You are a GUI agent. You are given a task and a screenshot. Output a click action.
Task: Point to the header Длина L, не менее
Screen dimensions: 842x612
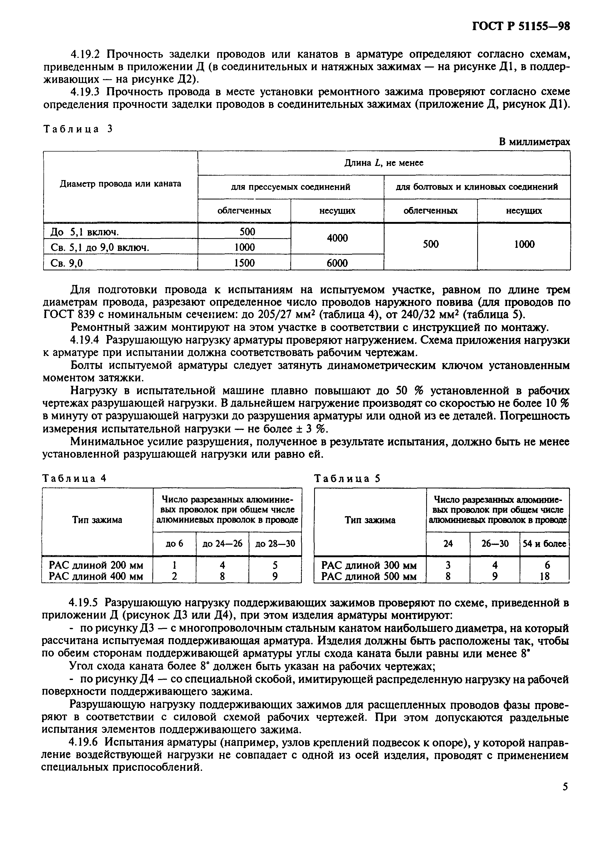[384, 163]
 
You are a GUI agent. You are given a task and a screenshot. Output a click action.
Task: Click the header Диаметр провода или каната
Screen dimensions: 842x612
[120, 184]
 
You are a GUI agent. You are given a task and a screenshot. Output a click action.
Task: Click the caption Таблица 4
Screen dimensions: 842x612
[75, 478]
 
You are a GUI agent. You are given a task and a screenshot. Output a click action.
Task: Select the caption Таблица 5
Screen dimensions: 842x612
[347, 478]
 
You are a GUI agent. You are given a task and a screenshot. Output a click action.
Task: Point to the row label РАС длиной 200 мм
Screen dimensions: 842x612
[96, 565]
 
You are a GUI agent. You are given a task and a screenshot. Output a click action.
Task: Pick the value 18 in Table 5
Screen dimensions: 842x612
[544, 577]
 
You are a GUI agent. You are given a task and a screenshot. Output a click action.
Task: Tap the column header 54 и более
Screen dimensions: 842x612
[544, 544]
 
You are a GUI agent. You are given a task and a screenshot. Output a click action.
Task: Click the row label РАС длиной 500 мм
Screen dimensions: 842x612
[369, 577]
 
